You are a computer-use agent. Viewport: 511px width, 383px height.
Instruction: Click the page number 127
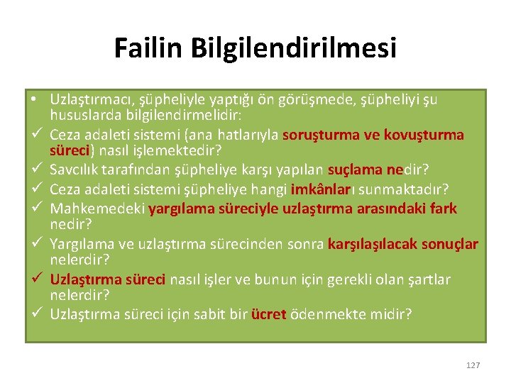473,365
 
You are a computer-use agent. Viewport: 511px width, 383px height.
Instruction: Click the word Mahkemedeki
98,209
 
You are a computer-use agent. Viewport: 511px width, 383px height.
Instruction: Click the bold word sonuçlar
450,245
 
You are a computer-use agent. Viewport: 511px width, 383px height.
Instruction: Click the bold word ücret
268,314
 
